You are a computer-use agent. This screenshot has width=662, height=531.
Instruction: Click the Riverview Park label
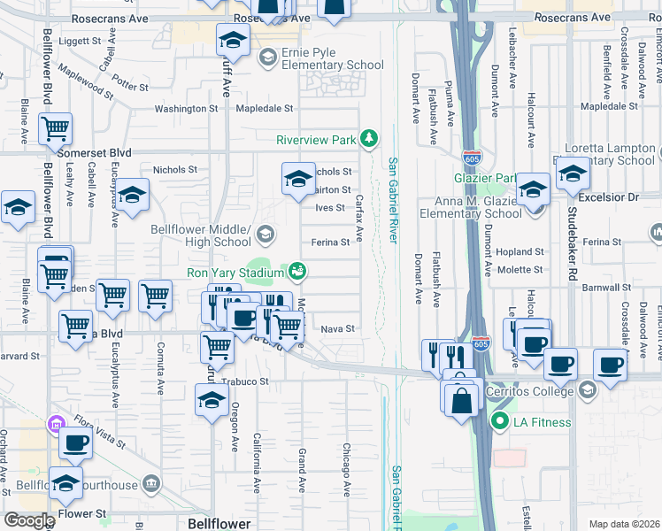(x=316, y=140)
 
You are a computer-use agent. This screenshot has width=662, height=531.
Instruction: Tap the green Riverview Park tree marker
(x=370, y=139)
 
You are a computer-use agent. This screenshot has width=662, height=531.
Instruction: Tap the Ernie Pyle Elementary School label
(x=333, y=58)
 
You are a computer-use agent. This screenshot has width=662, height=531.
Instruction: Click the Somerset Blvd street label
(x=94, y=153)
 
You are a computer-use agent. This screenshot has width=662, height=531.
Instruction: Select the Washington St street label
(x=186, y=109)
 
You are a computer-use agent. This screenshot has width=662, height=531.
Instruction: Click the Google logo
(x=29, y=520)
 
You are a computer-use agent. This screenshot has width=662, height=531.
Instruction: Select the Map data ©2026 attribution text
(x=624, y=524)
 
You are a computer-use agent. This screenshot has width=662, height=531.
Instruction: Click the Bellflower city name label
(x=219, y=524)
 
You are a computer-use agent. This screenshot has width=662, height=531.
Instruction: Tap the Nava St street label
(x=337, y=329)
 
